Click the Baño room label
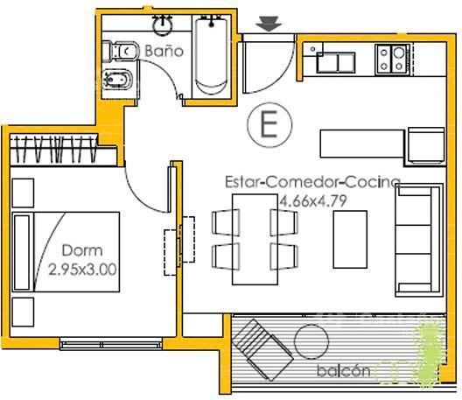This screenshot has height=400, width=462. [164, 51]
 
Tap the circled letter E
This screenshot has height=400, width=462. [269, 124]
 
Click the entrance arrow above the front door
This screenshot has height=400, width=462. [269, 24]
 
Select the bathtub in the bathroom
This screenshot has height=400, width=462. [211, 55]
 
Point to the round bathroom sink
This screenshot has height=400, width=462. [162, 25]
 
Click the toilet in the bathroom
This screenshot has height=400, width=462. [120, 52]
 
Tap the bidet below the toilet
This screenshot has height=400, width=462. [117, 79]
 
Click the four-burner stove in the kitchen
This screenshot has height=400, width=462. [393, 59]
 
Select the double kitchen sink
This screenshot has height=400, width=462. [336, 62]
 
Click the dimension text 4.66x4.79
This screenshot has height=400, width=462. [312, 201]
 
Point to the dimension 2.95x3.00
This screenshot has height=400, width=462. [82, 270]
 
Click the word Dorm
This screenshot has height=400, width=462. [82, 250]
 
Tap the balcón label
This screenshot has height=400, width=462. [344, 370]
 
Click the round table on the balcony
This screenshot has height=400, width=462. [311, 341]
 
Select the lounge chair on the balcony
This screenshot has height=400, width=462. [262, 349]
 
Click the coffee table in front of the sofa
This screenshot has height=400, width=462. [350, 239]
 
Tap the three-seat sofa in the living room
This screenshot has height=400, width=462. [418, 240]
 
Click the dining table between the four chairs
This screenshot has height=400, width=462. [255, 239]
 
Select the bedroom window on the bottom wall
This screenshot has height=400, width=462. [111, 344]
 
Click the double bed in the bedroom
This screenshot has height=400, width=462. [66, 252]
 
